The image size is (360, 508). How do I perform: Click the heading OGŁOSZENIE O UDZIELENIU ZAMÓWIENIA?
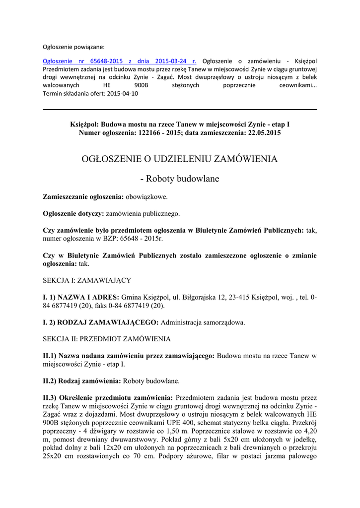tap(180, 159)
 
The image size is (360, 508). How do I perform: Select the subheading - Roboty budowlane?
tap(180, 179)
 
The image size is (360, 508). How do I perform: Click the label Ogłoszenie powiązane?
tap(73, 47)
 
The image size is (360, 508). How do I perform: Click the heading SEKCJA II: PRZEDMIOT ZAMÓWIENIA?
tap(107, 339)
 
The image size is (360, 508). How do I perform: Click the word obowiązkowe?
tap(146, 197)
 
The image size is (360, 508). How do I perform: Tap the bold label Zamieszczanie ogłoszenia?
tap(83, 197)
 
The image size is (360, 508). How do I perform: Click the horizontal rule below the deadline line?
tap(180, 110)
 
